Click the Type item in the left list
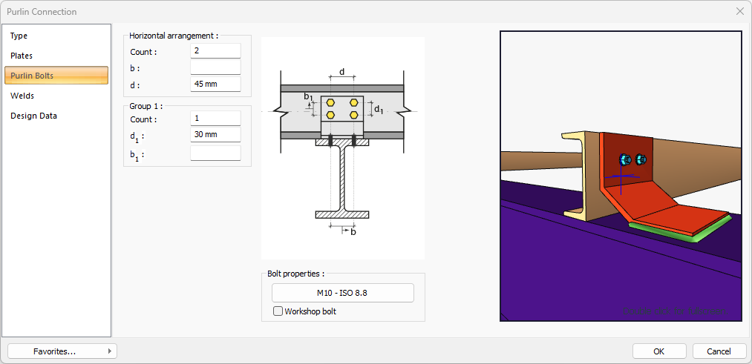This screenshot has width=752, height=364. [19, 36]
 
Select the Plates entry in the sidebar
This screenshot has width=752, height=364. [22, 56]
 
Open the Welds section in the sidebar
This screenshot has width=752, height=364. [22, 96]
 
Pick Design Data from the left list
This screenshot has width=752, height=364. [33, 116]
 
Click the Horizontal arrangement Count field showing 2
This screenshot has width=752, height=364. [215, 51]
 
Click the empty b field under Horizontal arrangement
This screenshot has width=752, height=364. [215, 67]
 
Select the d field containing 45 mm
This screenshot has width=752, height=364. [215, 84]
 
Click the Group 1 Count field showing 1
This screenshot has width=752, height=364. [215, 119]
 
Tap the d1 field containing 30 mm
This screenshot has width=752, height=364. [215, 135]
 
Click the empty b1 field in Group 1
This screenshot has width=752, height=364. [215, 153]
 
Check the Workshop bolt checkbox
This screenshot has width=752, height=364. [278, 311]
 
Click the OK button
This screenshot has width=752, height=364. [659, 351]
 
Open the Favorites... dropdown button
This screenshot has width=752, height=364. [62, 351]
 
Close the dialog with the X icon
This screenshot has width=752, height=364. [739, 11]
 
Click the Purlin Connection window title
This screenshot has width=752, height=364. [42, 12]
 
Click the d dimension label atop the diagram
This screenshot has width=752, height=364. [341, 72]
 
